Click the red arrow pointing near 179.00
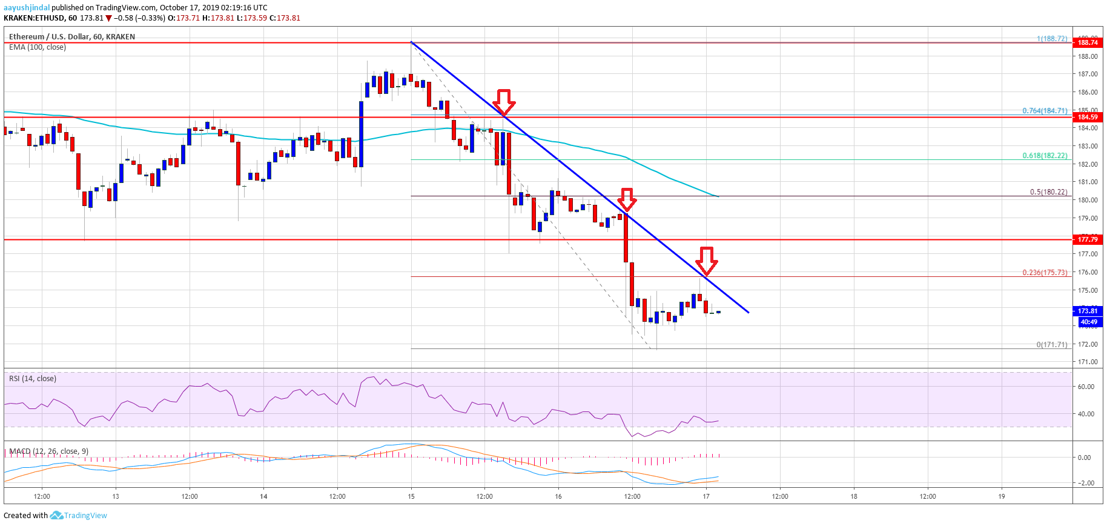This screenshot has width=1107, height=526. click(x=627, y=198)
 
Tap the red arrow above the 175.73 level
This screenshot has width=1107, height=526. click(x=706, y=260)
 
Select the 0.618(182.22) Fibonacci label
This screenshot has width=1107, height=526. click(x=1045, y=156)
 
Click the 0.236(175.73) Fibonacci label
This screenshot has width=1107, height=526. click(x=1045, y=273)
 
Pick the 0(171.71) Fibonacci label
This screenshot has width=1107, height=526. click(x=1051, y=345)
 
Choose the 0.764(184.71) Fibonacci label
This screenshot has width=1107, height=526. click(x=1045, y=111)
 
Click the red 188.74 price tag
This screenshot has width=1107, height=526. click(x=1087, y=42)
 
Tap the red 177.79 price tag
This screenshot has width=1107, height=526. click(x=1087, y=239)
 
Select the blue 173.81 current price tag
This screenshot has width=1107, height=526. click(x=1087, y=311)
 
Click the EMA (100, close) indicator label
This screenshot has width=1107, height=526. click(x=38, y=47)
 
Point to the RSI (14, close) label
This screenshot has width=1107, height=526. click(x=33, y=379)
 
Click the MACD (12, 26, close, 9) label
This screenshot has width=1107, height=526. click(x=48, y=451)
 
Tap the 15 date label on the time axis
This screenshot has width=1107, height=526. click(x=411, y=496)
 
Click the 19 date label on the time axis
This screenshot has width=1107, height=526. click(x=1002, y=496)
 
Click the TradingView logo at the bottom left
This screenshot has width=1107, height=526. click(x=79, y=516)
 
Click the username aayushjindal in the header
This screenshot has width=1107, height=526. click(x=27, y=8)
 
